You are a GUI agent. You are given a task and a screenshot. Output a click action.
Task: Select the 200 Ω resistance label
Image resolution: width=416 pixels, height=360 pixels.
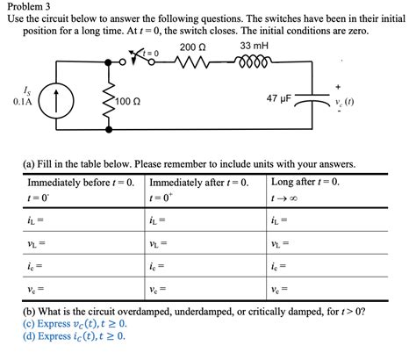pyautogui.click(x=192, y=46)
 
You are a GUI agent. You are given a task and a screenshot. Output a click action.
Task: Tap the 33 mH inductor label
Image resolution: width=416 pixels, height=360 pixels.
pyautogui.click(x=254, y=46)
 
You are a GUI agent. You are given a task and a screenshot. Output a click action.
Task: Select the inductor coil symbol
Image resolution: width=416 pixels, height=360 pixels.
pyautogui.click(x=253, y=62)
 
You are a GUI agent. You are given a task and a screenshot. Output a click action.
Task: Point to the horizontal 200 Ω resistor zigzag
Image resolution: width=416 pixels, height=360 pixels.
pyautogui.click(x=192, y=62)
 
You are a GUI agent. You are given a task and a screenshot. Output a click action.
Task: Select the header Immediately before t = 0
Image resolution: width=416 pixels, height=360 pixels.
pyautogui.click(x=80, y=183)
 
